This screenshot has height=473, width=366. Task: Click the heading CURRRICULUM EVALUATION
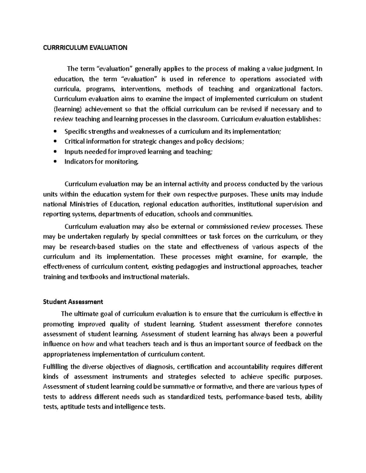pyautogui.click(x=85, y=48)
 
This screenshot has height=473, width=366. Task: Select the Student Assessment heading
pyautogui.click(x=73, y=302)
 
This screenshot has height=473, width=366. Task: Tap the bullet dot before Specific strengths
pyautogui.click(x=55, y=132)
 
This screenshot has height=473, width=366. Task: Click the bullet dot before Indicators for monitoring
pyautogui.click(x=55, y=162)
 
